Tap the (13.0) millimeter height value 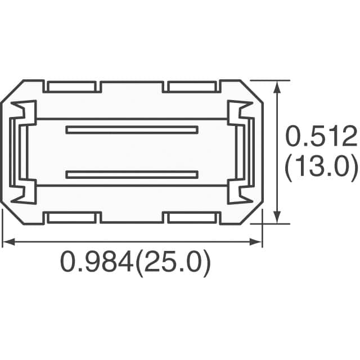321,168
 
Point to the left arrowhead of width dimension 7,242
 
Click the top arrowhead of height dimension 276,84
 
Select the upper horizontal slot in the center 132,130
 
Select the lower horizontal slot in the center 132,174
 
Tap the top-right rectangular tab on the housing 192,87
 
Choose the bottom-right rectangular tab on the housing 192,218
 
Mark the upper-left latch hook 24,109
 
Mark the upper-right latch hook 240,109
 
